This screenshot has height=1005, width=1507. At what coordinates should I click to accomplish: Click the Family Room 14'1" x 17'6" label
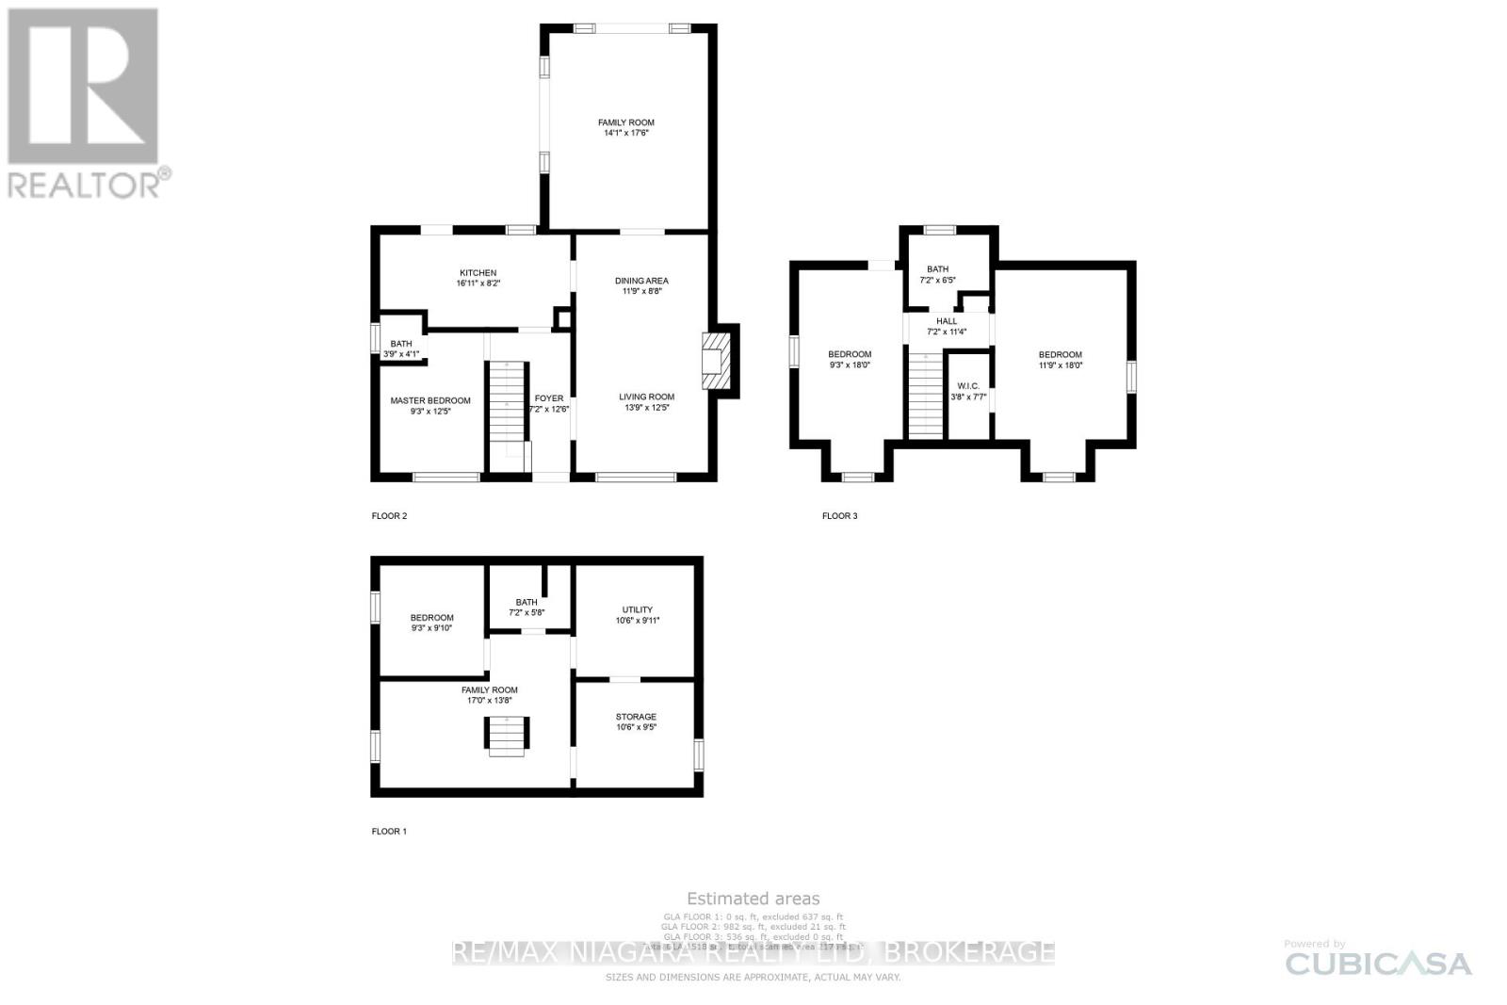tap(626, 128)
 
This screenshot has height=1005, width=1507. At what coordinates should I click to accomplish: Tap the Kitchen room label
tap(478, 278)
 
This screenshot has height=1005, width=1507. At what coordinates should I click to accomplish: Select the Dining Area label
tap(641, 285)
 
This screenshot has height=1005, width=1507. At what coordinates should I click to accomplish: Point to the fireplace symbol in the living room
tap(717, 359)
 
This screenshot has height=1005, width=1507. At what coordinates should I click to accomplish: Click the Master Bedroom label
tap(430, 406)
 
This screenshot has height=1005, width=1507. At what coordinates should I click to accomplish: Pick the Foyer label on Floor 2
tap(549, 403)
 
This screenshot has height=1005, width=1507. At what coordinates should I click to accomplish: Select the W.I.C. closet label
tap(968, 391)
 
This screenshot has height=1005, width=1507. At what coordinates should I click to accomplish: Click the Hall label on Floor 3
tap(947, 326)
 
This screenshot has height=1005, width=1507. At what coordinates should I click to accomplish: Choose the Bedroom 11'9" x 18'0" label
tap(1060, 360)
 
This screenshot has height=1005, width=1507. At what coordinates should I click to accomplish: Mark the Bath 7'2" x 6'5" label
tap(937, 274)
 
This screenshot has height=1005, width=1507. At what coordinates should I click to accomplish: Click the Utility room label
tap(637, 614)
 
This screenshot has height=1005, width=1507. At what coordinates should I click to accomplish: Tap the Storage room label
tap(636, 721)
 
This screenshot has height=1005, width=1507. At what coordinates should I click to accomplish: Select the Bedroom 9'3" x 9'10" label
tap(431, 623)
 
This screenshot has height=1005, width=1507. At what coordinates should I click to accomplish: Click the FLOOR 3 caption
tap(839, 516)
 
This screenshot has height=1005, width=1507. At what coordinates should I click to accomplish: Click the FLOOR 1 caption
tap(389, 832)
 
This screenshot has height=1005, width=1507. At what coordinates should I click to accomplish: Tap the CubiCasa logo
tap(1378, 963)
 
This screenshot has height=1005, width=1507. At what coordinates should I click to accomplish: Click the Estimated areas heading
tap(753, 899)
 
